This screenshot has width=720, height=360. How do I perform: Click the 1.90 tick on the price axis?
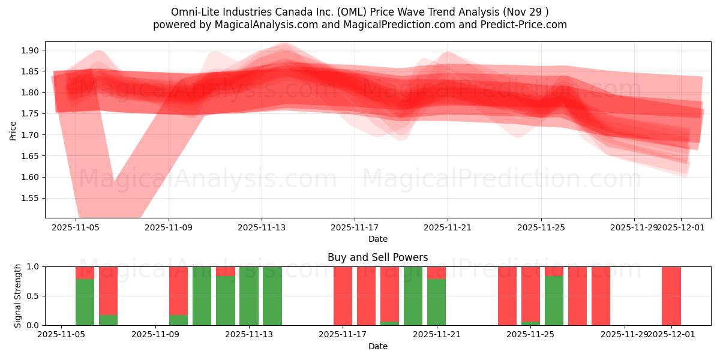pyautogui.click(x=31, y=50)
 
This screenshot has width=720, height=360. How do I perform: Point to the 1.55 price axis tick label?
pyautogui.click(x=31, y=198)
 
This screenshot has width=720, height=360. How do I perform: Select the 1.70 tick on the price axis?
pyautogui.click(x=31, y=135)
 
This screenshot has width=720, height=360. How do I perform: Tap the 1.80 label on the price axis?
pyautogui.click(x=31, y=92)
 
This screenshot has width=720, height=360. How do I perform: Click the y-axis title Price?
pyautogui.click(x=13, y=130)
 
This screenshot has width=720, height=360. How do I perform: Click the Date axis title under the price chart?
pyautogui.click(x=377, y=239)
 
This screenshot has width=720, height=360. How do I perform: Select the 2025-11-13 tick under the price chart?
pyautogui.click(x=261, y=227)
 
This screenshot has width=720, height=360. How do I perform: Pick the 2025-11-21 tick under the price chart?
pyautogui.click(x=447, y=227)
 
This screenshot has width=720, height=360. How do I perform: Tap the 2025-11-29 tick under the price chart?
pyautogui.click(x=634, y=227)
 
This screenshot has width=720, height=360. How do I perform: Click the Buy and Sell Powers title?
pyautogui.click(x=377, y=257)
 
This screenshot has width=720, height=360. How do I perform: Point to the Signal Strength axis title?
pyautogui.click(x=18, y=296)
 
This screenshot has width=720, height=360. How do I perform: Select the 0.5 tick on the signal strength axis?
pyautogui.click(x=34, y=296)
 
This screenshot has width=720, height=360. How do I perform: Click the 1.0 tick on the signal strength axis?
pyautogui.click(x=34, y=266)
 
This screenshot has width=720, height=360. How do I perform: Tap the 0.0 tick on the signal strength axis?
pyautogui.click(x=34, y=325)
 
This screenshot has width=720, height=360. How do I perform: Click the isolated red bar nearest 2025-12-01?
pyautogui.click(x=671, y=296)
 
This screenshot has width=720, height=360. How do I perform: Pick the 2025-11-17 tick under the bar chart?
pyautogui.click(x=343, y=335)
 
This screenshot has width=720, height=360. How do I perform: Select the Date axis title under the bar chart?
pyautogui.click(x=377, y=346)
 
